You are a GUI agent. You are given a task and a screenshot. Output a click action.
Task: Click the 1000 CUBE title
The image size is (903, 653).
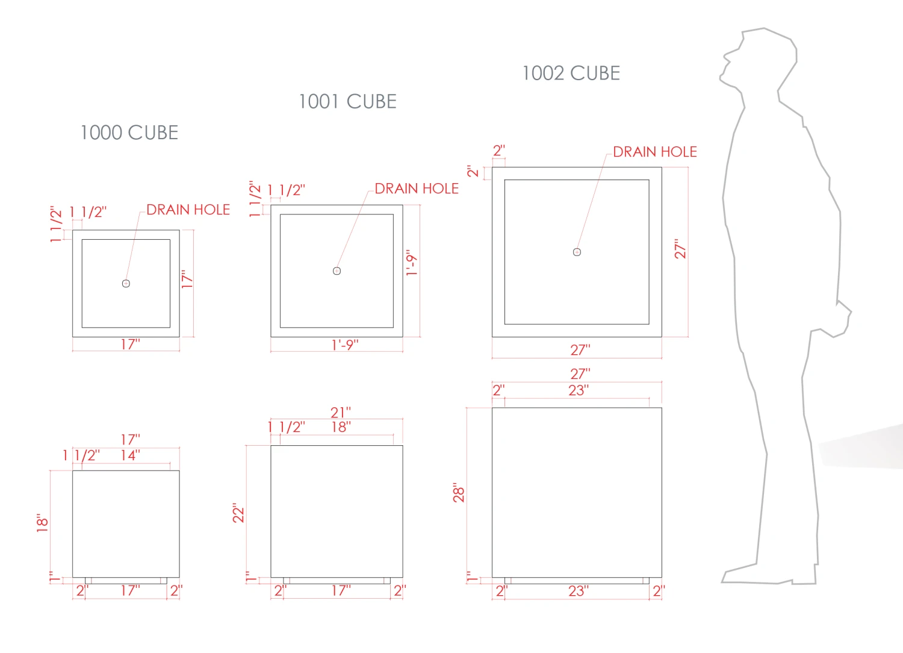tap(129, 133)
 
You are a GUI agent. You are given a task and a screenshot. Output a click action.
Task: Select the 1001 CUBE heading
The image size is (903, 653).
tap(347, 101)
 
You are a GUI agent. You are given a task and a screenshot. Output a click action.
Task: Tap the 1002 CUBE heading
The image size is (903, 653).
tap(571, 73)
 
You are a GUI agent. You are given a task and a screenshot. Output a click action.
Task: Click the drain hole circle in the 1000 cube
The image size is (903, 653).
tap(126, 284)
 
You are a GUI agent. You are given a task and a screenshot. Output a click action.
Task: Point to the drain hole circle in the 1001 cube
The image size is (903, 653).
tap(337, 271)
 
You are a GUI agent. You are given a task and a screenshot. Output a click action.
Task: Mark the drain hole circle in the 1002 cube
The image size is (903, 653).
tap(577, 252)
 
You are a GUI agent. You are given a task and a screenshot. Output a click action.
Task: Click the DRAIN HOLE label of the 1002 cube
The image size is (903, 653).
tap(655, 152)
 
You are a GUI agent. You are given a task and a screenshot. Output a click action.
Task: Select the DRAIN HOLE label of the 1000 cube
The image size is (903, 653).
tap(188, 210)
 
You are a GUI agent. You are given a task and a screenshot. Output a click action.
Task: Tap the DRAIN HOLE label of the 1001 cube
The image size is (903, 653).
tap(417, 189)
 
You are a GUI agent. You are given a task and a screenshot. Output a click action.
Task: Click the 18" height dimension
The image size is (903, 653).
tap(42, 523)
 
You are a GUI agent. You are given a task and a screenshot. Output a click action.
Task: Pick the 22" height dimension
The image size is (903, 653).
tap(238, 513)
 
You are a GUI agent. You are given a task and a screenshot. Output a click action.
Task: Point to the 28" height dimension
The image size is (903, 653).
tap(459, 492)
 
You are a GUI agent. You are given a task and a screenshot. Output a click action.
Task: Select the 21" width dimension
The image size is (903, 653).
tap(341, 413)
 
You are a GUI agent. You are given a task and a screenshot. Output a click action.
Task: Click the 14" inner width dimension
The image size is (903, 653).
tap(131, 455)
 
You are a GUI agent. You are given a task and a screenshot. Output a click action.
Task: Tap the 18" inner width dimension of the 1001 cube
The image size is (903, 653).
tap(341, 426)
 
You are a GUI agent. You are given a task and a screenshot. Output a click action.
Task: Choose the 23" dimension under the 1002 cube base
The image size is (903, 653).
tap(579, 591)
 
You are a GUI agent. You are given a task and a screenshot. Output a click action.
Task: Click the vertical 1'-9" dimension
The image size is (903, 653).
tap(412, 263)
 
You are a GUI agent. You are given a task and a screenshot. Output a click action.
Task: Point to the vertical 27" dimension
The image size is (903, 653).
tap(680, 249)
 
